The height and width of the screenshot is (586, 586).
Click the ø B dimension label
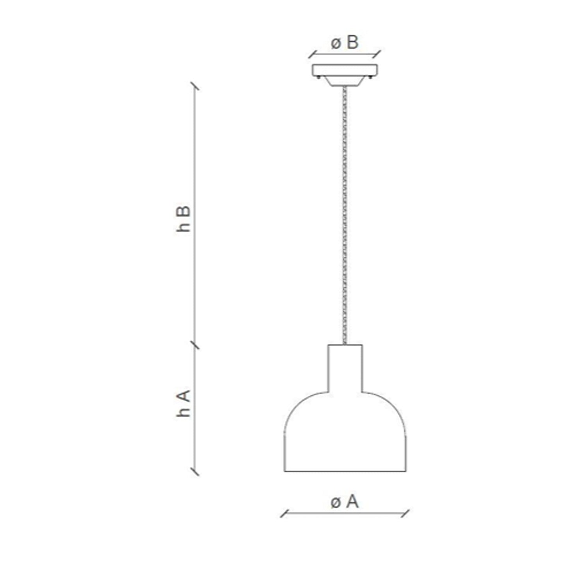pyautogui.click(x=345, y=43)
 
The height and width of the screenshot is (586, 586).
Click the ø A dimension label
pyautogui.click(x=345, y=502)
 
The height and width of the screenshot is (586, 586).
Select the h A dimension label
pyautogui.click(x=183, y=404)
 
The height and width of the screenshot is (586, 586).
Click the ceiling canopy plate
pyautogui.click(x=345, y=70)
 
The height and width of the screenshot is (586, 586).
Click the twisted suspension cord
pyautogui.click(x=344, y=215)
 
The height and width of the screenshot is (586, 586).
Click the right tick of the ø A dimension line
pyautogui.click(x=406, y=513)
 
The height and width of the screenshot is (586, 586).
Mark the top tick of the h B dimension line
pyautogui.click(x=195, y=86)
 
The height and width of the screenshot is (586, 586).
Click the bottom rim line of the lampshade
pyautogui.click(x=345, y=471)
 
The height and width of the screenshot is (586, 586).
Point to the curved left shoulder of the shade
pyautogui.click(x=298, y=406)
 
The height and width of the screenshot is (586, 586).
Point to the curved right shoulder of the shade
pyautogui.click(x=393, y=406)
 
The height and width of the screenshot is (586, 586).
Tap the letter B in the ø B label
pyautogui.click(x=352, y=43)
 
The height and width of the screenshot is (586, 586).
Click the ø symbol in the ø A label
pyautogui.click(x=336, y=503)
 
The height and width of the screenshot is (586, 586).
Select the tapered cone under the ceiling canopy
pyautogui.click(x=345, y=81)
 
